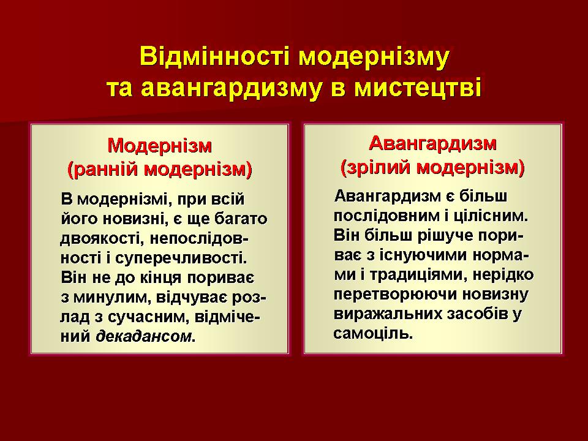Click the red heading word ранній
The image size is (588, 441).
point(103,169)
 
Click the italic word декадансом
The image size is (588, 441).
point(143,336)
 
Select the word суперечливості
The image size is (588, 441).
point(181,258)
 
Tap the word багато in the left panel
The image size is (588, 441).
point(241,219)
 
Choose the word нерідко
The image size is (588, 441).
point(503,274)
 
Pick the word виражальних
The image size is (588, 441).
point(388,314)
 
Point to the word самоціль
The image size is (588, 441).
point(373,333)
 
